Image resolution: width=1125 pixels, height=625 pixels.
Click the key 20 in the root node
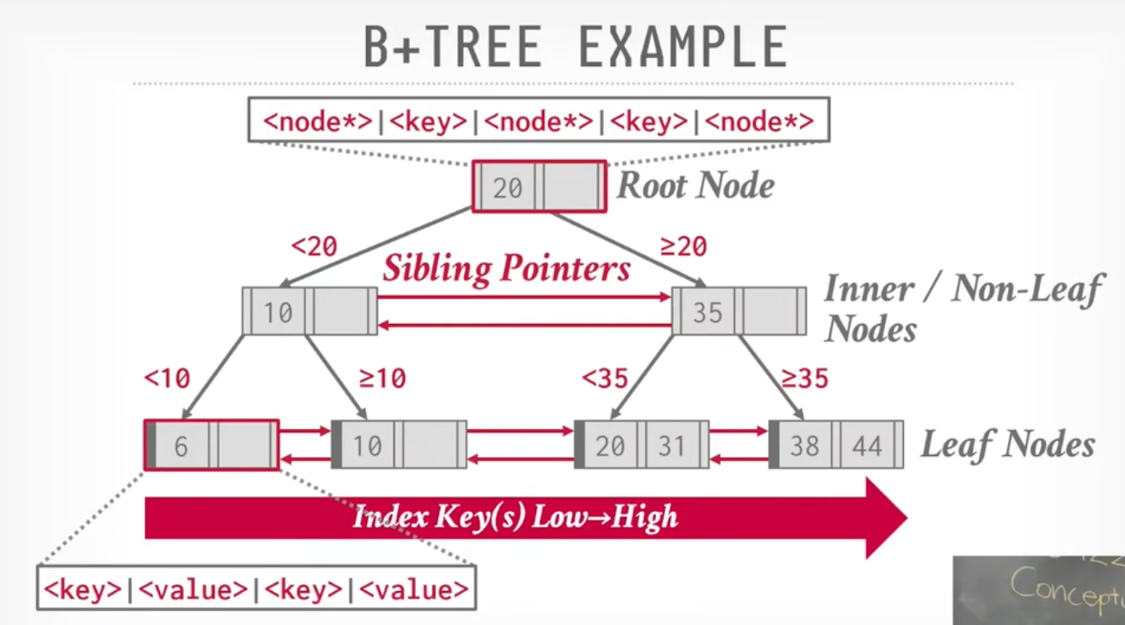click(x=507, y=188)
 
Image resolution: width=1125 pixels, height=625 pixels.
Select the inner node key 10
click(x=277, y=312)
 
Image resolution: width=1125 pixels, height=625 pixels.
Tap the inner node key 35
click(x=707, y=312)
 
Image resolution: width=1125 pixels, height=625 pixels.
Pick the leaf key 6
click(x=181, y=446)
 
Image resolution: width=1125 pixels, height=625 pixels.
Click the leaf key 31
click(x=671, y=446)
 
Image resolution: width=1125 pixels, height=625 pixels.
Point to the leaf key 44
click(x=867, y=446)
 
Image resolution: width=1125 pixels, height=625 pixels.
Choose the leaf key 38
click(x=804, y=446)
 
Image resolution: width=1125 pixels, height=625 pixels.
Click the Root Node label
click(x=696, y=186)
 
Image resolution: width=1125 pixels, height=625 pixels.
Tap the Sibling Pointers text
click(x=506, y=268)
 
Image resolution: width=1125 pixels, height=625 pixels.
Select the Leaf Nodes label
click(x=1008, y=445)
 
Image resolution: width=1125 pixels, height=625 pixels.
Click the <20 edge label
click(x=314, y=246)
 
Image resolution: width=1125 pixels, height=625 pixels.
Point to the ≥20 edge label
click(x=684, y=246)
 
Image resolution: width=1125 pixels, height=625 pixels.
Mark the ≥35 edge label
click(x=805, y=378)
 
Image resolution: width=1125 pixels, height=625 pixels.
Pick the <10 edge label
click(x=167, y=378)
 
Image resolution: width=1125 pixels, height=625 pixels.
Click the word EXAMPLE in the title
click(x=682, y=47)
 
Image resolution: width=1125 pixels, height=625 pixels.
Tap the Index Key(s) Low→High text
click(x=515, y=517)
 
